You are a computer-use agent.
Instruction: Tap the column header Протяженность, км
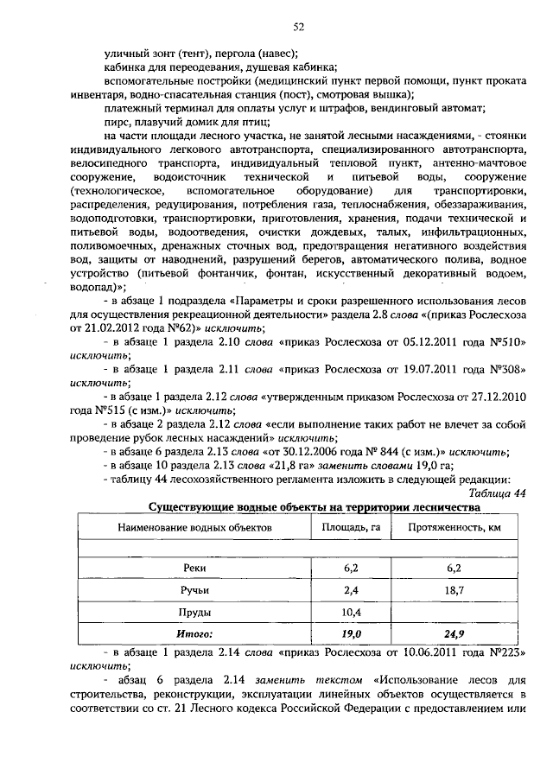tap(455, 525)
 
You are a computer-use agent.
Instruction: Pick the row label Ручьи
tap(195, 590)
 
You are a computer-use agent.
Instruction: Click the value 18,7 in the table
tap(455, 590)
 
